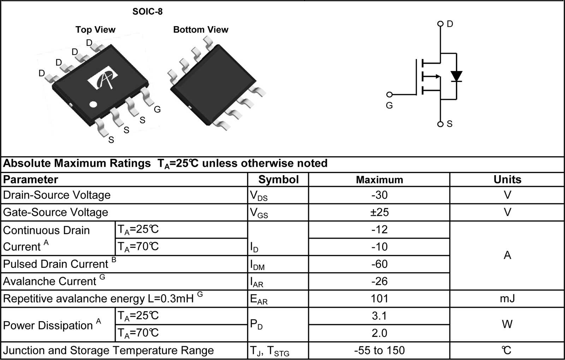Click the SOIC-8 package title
click(147, 12)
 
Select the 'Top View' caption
click(95, 30)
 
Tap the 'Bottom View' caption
click(201, 30)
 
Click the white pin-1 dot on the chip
click(93, 104)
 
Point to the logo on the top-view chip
click(103, 80)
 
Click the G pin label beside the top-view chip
click(157, 109)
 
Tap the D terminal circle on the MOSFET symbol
click(440, 24)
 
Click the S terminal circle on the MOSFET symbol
click(440, 124)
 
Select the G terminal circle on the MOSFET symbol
click(389, 95)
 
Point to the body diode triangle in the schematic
click(456, 76)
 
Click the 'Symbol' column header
click(278, 180)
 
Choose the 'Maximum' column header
click(379, 180)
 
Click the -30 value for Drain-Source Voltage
click(379, 195)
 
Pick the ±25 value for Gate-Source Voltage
click(379, 212)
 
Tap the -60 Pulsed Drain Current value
click(379, 264)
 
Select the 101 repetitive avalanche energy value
click(379, 299)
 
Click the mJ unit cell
click(507, 299)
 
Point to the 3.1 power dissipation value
click(379, 316)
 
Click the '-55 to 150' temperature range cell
click(379, 350)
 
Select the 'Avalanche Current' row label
click(49, 281)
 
